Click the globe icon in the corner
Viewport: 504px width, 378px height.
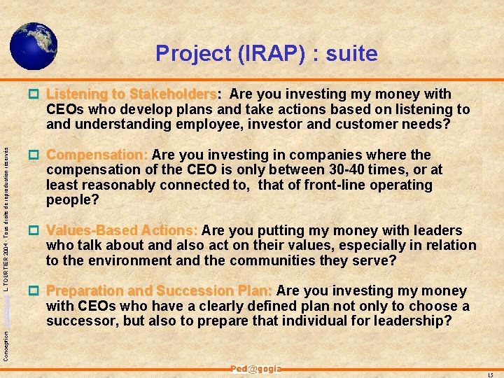coord(34,45)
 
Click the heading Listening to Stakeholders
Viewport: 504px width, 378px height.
coord(132,94)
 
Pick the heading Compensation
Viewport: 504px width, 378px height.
coord(97,155)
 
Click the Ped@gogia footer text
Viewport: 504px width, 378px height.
coord(255,369)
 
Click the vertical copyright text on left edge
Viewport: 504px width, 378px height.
coord(6,231)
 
